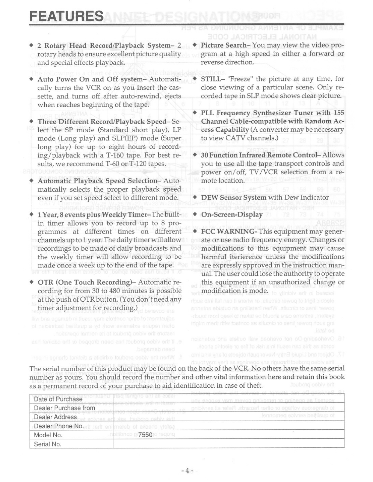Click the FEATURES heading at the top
point(66,16)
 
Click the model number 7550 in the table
point(145,435)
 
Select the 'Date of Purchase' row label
point(58,399)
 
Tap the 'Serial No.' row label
point(48,444)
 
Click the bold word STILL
point(210,79)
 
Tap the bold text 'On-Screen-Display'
point(232,214)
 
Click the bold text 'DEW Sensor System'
point(234,197)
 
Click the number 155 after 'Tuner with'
point(339,113)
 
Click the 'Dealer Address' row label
point(55,417)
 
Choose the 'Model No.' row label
point(48,435)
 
